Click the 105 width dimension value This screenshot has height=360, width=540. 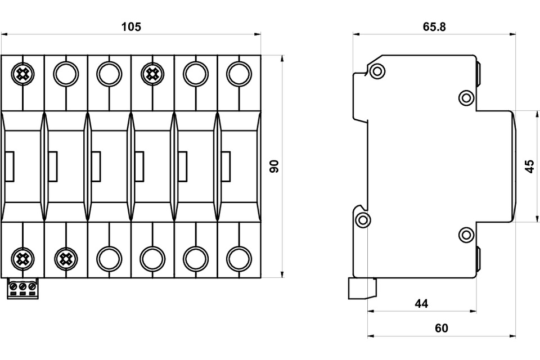pyautogui.click(x=131, y=26)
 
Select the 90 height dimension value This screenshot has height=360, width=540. pyautogui.click(x=274, y=166)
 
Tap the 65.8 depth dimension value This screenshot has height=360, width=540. pyautogui.click(x=434, y=26)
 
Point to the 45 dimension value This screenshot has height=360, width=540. pyautogui.click(x=530, y=166)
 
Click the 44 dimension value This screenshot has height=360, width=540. pyautogui.click(x=421, y=304)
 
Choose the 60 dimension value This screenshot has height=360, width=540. pyautogui.click(x=442, y=328)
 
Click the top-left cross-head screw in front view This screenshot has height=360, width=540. pyautogui.click(x=22, y=74)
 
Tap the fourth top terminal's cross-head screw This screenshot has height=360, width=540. pyautogui.click(x=152, y=74)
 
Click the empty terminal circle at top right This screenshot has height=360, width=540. pyautogui.click(x=239, y=74)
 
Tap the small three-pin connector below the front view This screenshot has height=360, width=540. pyautogui.click(x=22, y=289)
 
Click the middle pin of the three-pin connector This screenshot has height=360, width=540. pyautogui.click(x=22, y=286)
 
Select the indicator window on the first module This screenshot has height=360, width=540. pyautogui.click(x=10, y=166)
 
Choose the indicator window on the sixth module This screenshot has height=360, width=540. pyautogui.click(x=226, y=166)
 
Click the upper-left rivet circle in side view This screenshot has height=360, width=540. pyautogui.click(x=377, y=71)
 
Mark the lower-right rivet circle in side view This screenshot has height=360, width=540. pyautogui.click(x=466, y=235)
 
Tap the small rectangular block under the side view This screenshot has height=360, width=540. pyautogui.click(x=363, y=288)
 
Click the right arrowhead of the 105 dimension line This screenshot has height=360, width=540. pyautogui.click(x=257, y=34)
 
